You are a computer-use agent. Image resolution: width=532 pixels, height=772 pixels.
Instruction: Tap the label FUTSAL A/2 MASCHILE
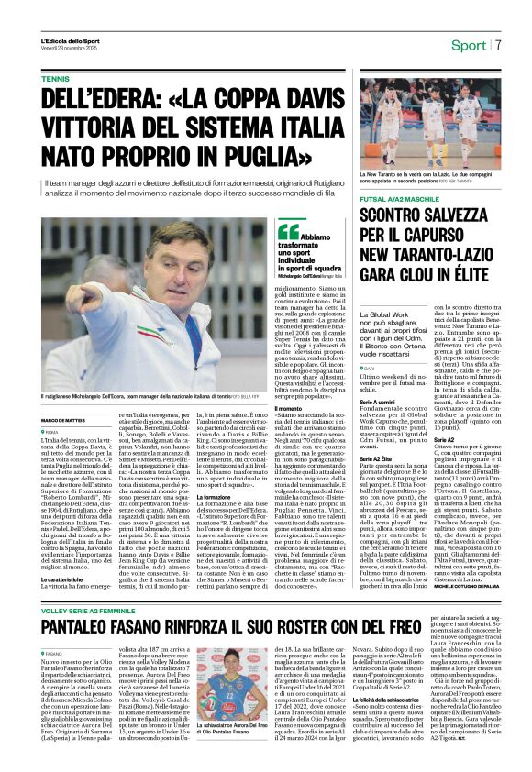coord(402,198)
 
